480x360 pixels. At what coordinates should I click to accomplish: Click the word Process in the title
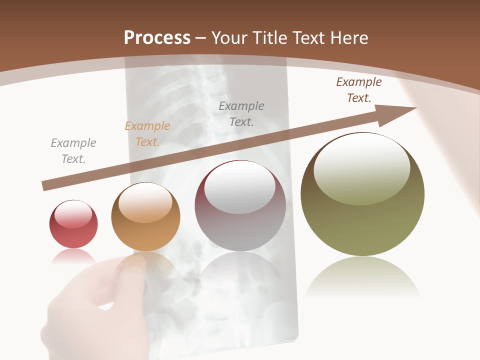pos(157,37)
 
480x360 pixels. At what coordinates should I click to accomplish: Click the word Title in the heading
pos(268,37)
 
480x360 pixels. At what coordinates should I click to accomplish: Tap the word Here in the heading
pos(349,37)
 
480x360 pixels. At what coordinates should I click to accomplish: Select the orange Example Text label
pos(147,134)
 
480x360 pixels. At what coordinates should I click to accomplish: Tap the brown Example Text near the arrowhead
pos(359,90)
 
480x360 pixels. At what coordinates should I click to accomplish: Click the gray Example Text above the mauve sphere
pos(241,113)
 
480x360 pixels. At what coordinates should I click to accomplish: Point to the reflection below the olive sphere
pos(362,277)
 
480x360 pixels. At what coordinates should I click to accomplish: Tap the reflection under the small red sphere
pos(73,256)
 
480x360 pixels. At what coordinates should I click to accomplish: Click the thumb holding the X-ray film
pos(131,270)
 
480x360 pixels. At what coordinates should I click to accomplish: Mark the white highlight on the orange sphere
pos(145,202)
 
